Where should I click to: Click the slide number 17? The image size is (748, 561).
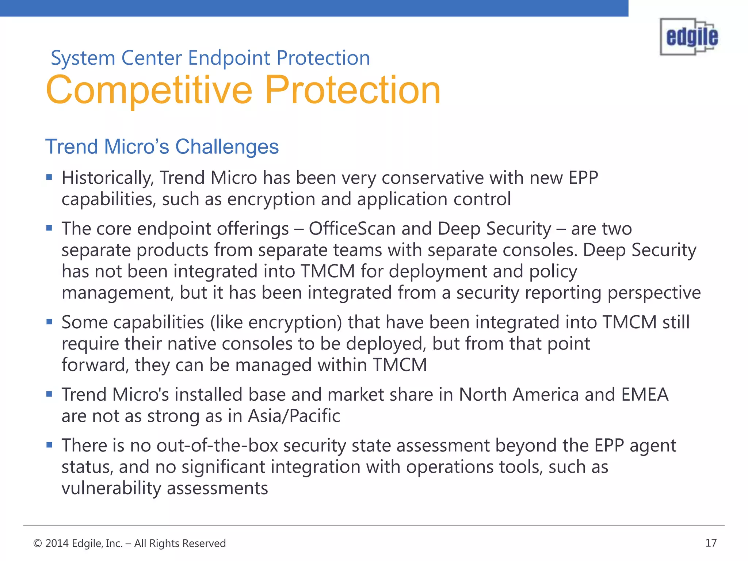711,543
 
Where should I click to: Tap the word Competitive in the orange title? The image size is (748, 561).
149,90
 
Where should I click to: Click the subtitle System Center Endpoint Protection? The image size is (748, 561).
210,58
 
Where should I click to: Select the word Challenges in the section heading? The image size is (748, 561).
227,147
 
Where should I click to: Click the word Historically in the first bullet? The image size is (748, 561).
107,178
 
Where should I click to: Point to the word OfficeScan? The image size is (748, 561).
352,229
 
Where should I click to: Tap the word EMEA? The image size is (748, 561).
645,395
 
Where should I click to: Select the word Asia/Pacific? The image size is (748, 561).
294,416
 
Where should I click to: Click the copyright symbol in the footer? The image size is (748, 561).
37,543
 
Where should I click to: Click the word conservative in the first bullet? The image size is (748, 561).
432,178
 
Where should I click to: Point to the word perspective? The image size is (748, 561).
654,293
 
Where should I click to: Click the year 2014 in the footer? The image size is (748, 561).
57,543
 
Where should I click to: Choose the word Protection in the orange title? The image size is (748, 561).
352,90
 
